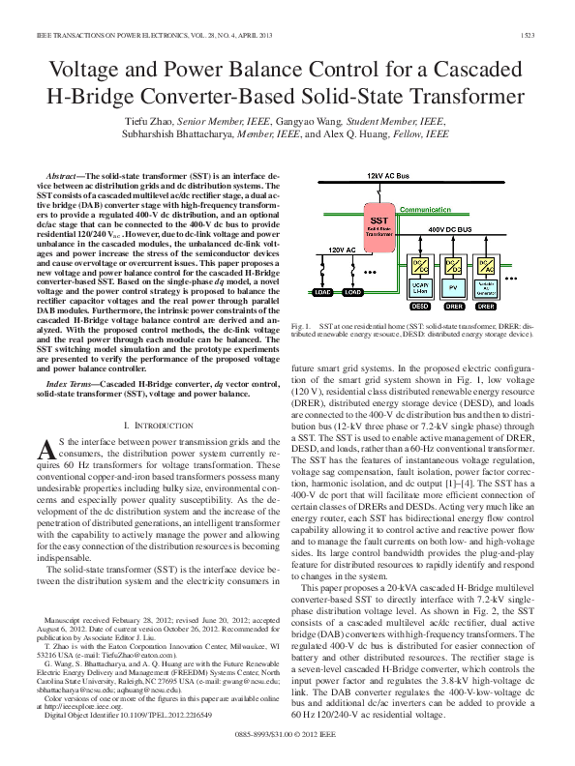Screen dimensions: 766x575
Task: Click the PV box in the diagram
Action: pos(452,288)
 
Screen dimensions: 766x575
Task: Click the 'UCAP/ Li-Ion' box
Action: pos(420,288)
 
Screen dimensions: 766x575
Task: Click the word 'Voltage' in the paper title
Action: pos(95,73)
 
